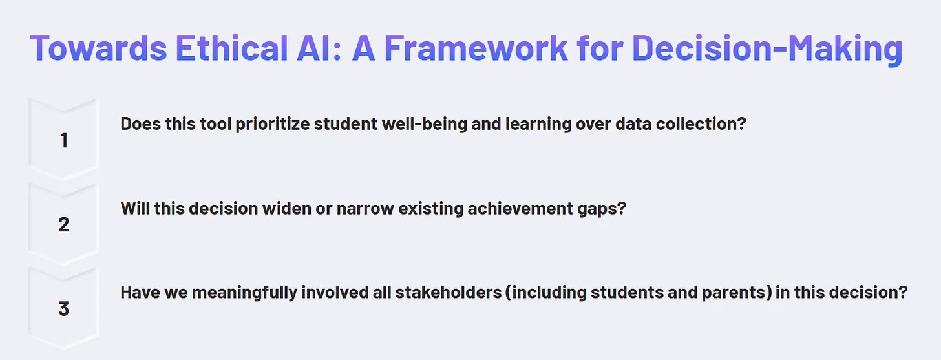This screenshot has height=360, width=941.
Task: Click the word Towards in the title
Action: click(98, 48)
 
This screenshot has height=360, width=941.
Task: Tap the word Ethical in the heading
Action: click(231, 48)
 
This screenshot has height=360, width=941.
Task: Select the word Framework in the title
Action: click(476, 48)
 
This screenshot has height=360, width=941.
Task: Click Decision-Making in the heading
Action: click(767, 48)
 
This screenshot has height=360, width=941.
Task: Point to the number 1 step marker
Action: click(64, 140)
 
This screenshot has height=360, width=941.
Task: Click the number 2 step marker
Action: click(64, 224)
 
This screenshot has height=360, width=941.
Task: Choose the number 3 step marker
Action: click(64, 309)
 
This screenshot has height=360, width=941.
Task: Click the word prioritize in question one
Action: click(272, 124)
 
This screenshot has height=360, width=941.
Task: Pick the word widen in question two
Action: click(286, 208)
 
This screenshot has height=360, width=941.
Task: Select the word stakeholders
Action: click(449, 292)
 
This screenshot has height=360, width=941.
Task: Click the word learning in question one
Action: click(538, 124)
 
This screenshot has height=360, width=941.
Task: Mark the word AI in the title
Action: click(319, 48)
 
